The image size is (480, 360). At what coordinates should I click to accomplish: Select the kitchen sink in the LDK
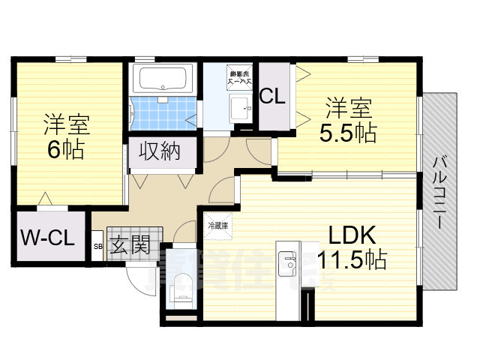coord(288,263)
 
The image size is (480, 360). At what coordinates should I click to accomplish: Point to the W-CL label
coord(46,239)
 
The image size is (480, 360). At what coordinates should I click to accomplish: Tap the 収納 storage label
coord(160,151)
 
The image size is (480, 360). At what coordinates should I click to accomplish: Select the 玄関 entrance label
coord(130,245)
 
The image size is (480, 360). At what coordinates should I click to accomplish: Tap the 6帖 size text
coord(65,148)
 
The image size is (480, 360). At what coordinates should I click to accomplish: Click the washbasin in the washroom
coord(239,106)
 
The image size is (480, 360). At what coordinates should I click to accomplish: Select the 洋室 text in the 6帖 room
coord(65,121)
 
